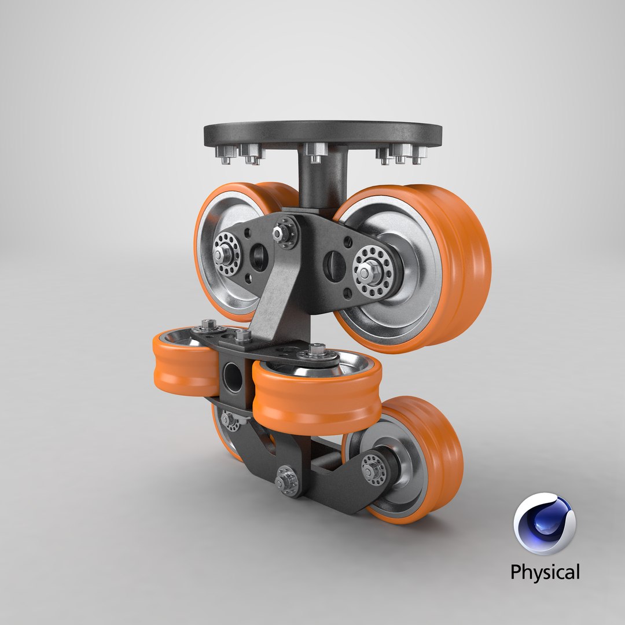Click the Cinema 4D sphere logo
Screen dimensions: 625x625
pyautogui.click(x=544, y=524)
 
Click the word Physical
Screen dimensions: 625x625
pyautogui.click(x=544, y=572)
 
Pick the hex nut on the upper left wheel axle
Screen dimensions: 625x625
pyautogui.click(x=222, y=253)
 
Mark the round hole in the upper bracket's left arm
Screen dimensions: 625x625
pyautogui.click(x=259, y=255)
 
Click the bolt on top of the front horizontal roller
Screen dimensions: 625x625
pyautogui.click(x=317, y=350)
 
